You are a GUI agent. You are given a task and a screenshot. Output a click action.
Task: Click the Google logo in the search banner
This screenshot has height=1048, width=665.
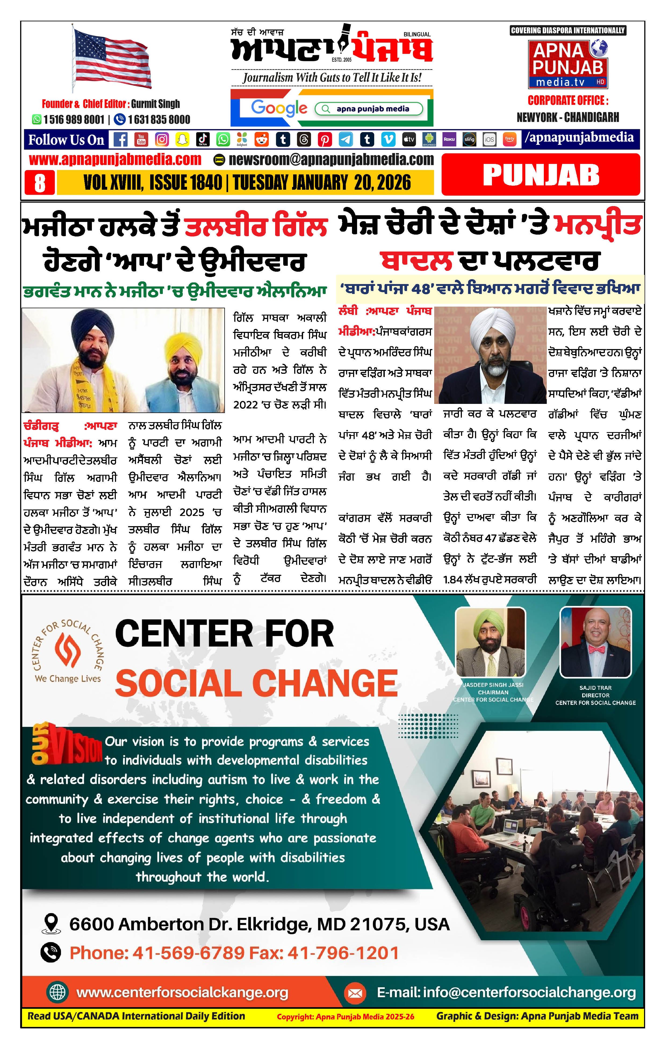[279, 108]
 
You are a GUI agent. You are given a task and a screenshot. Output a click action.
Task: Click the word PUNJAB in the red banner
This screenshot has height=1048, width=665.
[541, 175]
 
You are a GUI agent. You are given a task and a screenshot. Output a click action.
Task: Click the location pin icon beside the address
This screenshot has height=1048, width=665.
[51, 924]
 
